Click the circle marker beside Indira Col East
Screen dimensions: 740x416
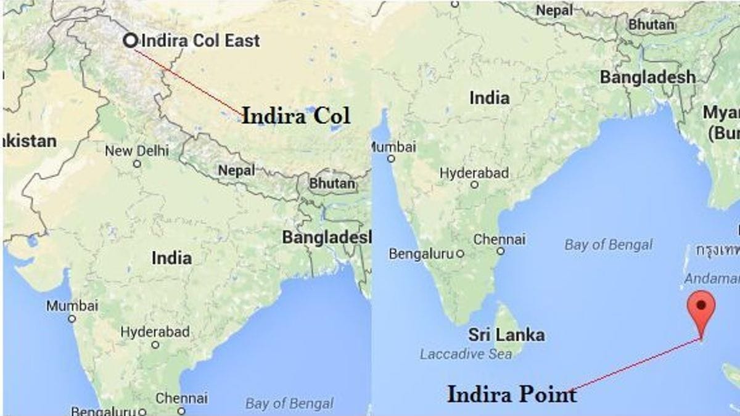coord(130,41)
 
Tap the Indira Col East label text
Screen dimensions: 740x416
coord(200,41)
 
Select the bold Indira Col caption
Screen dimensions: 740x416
coord(295,116)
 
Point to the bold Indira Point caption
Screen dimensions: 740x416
coord(511,394)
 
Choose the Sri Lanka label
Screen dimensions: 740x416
coord(506,335)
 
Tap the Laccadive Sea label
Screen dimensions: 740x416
coord(466,354)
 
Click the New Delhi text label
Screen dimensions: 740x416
coord(136,150)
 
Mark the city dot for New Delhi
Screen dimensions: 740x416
coord(137,164)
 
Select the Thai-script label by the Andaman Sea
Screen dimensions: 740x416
coord(717,250)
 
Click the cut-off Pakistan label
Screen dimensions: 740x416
coord(29,141)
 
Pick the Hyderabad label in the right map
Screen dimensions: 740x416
coord(474,173)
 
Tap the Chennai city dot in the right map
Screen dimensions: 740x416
coord(500,251)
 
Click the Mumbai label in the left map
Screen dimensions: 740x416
coord(72,306)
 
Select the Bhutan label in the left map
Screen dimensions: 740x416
coord(332,184)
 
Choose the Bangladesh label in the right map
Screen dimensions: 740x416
coord(647,78)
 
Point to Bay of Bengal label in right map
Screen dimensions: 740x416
coord(608,245)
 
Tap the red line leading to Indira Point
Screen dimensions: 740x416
coord(635,365)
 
